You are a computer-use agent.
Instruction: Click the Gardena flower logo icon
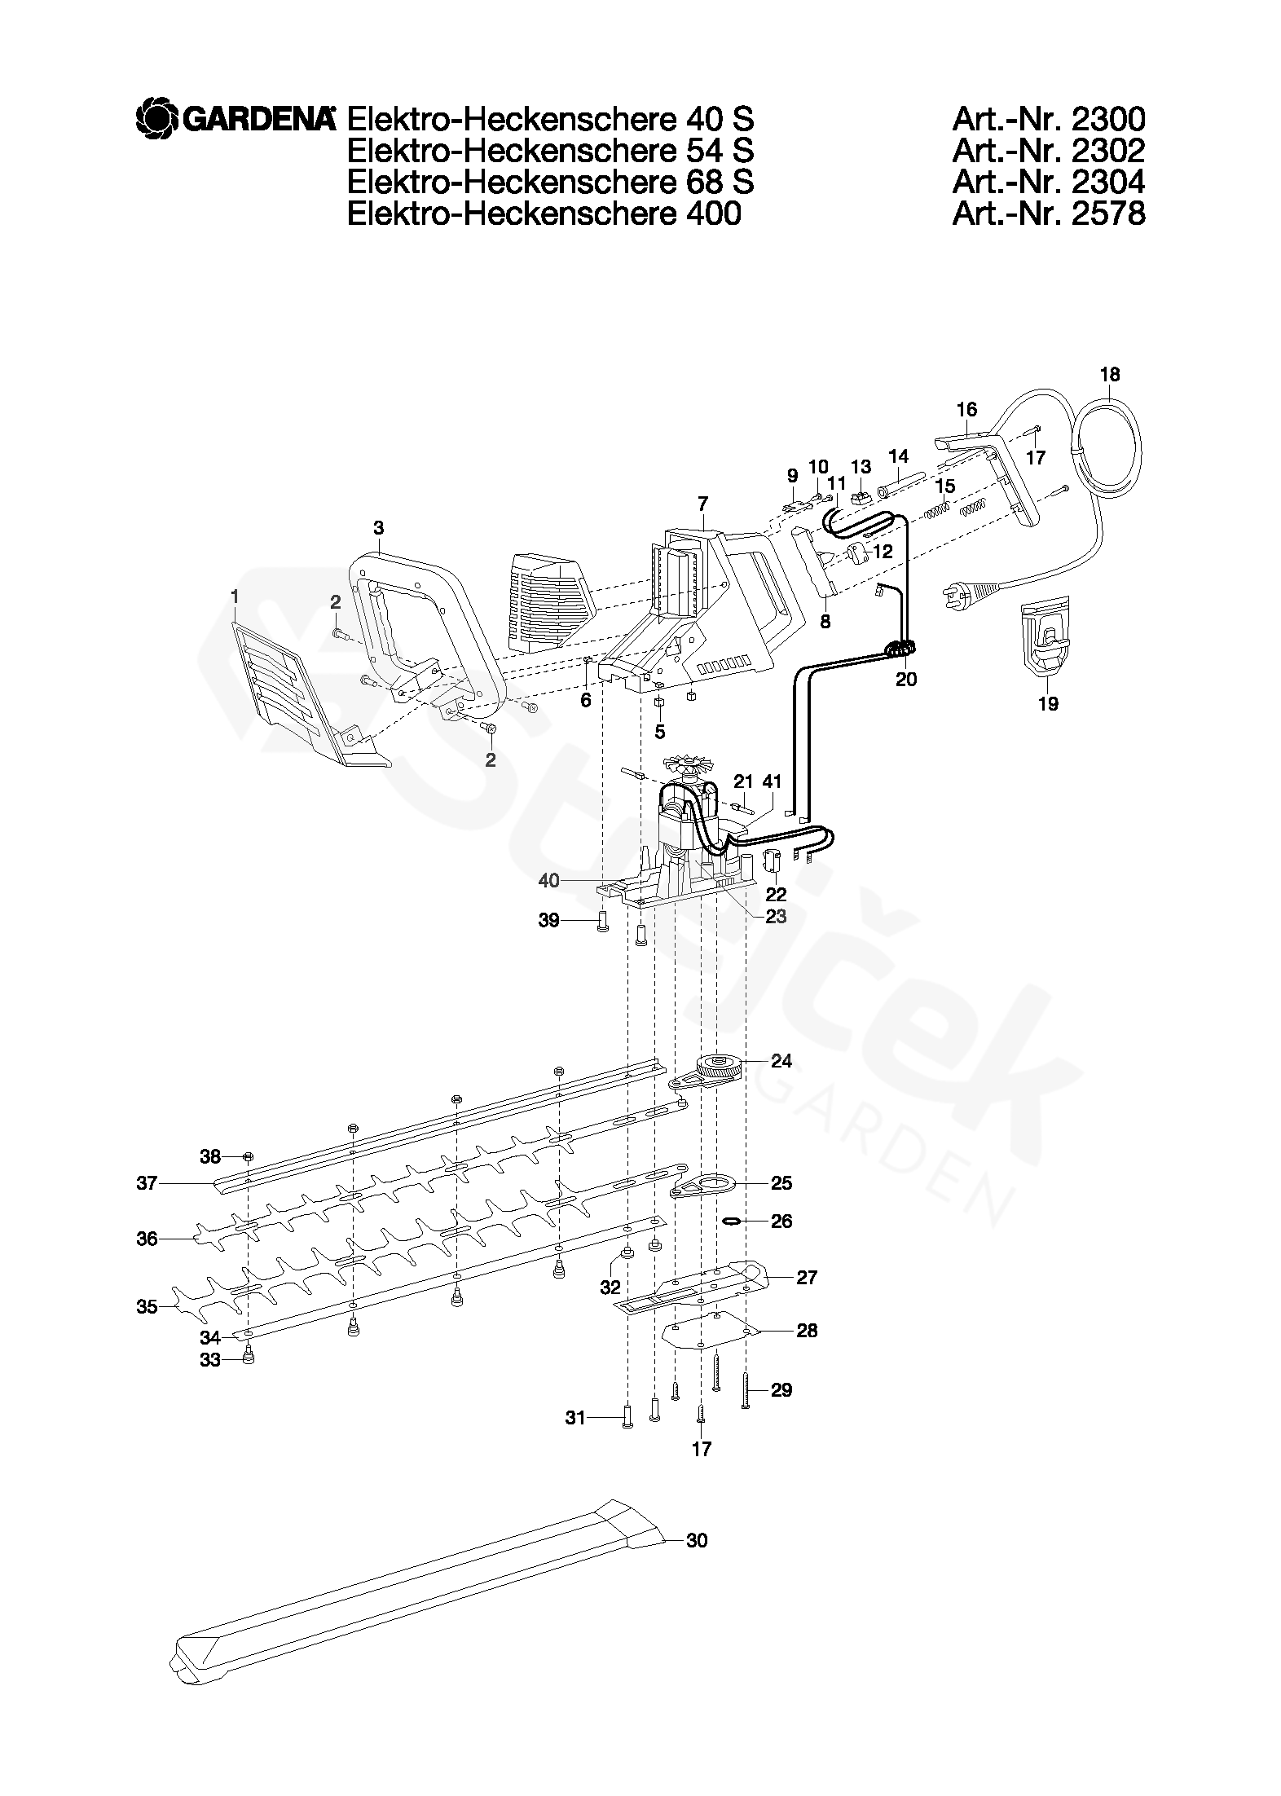[x=156, y=119]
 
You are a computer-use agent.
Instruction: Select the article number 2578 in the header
[x=1048, y=213]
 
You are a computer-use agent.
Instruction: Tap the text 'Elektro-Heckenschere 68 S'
[x=550, y=182]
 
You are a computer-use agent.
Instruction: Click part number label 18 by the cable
[x=1110, y=375]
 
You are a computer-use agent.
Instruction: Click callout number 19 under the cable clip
[x=1048, y=703]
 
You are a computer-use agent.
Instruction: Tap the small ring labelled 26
[x=733, y=1221]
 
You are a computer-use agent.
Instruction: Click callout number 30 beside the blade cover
[x=697, y=1540]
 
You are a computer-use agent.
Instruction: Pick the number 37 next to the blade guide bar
[x=147, y=1182]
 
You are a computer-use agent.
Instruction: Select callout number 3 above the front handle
[x=378, y=528]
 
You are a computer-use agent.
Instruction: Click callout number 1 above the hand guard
[x=235, y=598]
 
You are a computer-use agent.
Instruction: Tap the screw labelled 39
[x=604, y=922]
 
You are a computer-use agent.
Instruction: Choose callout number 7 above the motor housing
[x=702, y=503]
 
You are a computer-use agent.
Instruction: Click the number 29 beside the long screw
[x=781, y=1390]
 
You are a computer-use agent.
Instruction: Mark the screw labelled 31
[x=627, y=1419]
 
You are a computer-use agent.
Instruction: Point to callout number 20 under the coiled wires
[x=905, y=679]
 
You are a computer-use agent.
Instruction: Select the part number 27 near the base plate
[x=806, y=1277]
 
